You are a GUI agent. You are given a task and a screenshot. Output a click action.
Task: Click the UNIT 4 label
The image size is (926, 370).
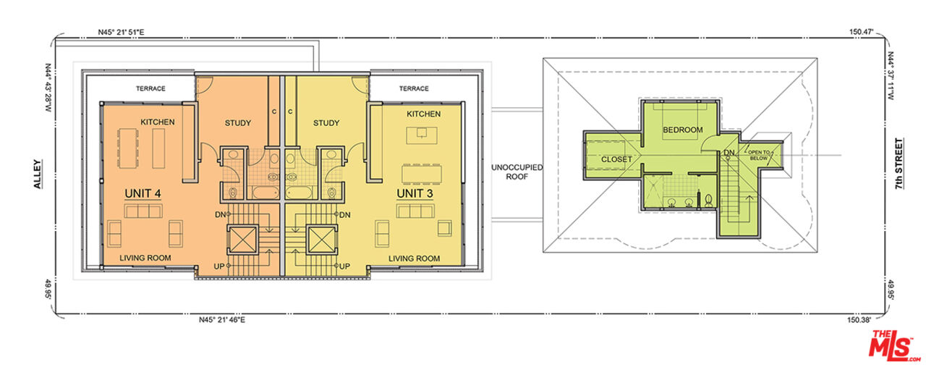coord(143,194)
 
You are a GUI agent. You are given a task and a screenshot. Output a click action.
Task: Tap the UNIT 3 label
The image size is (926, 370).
coord(415,194)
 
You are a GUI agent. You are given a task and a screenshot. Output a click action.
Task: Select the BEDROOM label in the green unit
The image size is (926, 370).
coord(683,130)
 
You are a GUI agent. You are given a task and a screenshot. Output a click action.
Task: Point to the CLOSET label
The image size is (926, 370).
coord(616,159)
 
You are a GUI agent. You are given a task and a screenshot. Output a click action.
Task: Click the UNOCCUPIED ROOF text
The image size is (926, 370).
coord(517,172)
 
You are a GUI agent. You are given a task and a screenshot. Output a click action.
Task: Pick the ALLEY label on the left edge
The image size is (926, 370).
coord(38,175)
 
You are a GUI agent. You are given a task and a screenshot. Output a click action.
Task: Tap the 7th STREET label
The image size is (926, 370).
coord(899,164)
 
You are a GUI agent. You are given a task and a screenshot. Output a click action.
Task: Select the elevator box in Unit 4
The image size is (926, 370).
coord(242,240)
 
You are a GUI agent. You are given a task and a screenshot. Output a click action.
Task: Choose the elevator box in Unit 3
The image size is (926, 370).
coord(322,240)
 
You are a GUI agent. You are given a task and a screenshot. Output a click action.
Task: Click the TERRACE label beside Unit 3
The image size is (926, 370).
coord(414,88)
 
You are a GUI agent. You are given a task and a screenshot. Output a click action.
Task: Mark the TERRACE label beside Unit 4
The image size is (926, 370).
coord(150,88)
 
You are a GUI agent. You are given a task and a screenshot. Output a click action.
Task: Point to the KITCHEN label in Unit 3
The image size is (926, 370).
coord(423,114)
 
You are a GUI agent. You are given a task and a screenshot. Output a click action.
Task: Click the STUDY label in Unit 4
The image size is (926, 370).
coord(238,123)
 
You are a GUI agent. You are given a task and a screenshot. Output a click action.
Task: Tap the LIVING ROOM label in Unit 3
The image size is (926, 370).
coord(415,258)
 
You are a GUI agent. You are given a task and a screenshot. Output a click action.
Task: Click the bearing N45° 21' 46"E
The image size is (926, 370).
coord(222,320)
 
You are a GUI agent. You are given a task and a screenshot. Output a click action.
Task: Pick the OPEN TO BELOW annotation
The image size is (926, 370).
coord(759,155)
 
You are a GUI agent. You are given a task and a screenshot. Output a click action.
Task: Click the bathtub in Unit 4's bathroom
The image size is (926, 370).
coord(265,193)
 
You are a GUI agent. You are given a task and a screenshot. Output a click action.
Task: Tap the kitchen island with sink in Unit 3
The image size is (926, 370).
coord(422,135)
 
